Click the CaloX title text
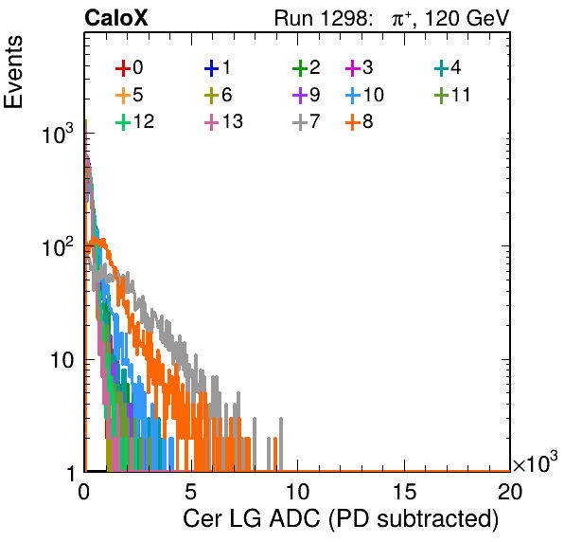coord(116,18)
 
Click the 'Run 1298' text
coord(323,18)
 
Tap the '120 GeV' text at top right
coord(467,18)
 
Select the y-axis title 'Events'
coord(13,72)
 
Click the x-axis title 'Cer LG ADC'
coord(252,518)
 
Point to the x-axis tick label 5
coord(190,491)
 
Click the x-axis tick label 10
coord(297,491)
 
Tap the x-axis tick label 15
coord(404,491)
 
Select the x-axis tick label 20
coord(510,491)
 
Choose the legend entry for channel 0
coord(129,67)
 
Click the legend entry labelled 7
coord(306,121)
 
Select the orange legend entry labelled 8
coord(359,121)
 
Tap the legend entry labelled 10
coord(364,95)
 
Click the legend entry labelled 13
coord(223,121)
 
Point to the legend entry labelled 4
coord(448,67)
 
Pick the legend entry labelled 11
coord(452,95)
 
